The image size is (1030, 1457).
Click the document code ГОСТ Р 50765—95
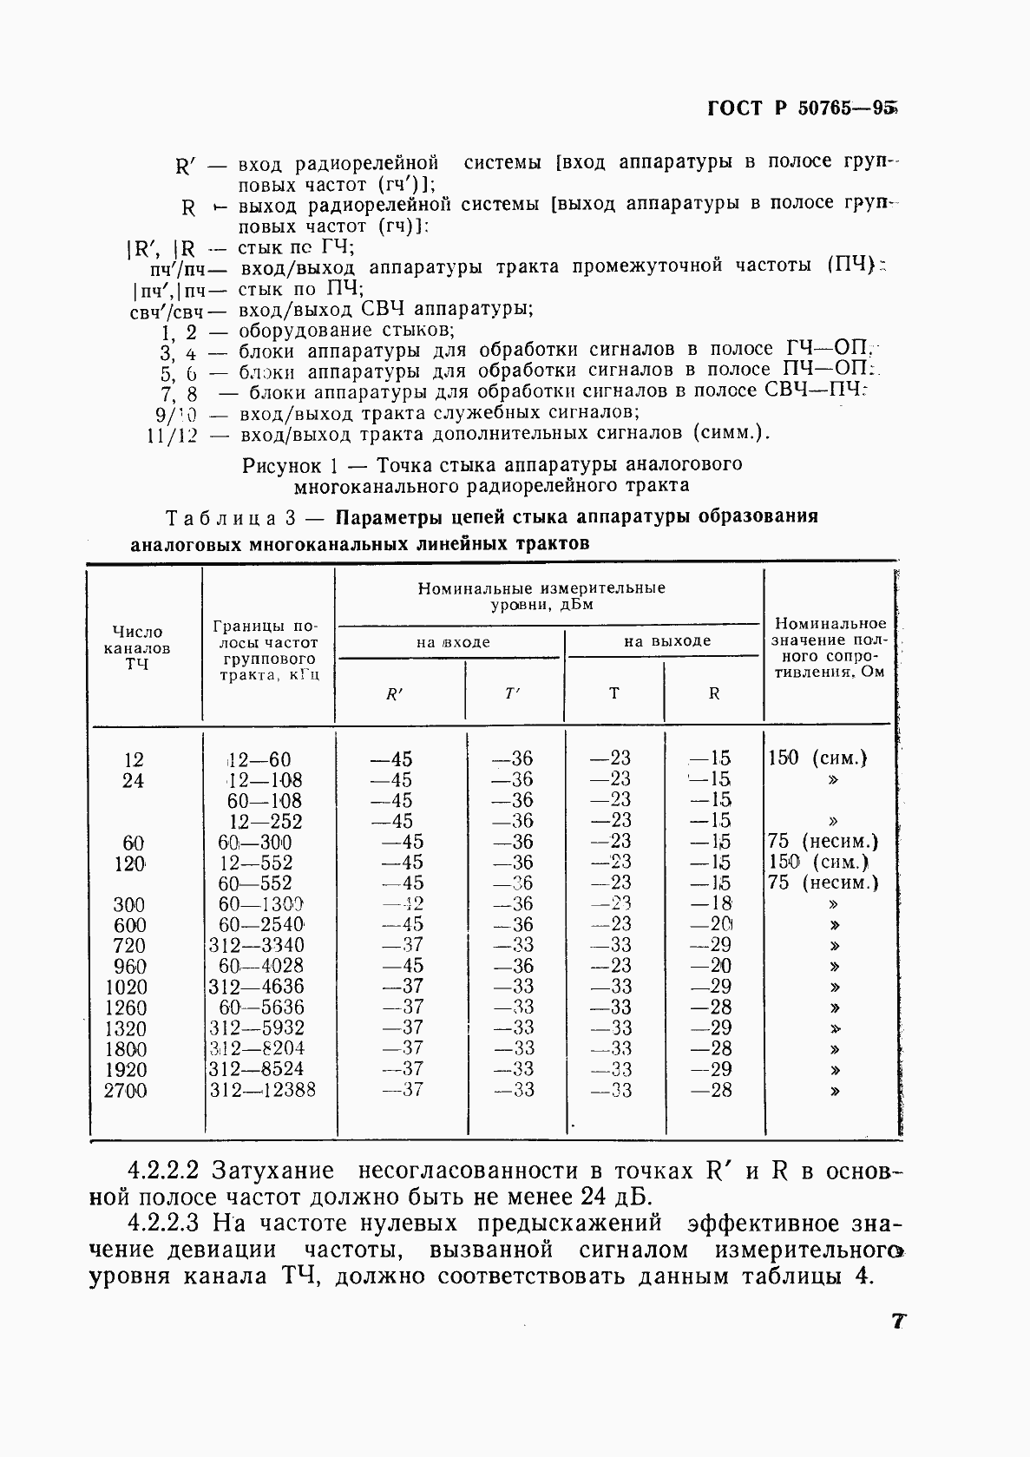click(x=800, y=108)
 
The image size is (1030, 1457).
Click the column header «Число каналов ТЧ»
click(x=137, y=647)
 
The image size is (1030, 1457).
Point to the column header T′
click(x=513, y=693)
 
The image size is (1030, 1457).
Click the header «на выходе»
click(x=666, y=641)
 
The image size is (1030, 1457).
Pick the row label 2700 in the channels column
click(x=125, y=1091)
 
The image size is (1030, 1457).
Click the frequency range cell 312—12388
click(x=262, y=1090)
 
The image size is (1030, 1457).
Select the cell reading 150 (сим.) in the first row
click(x=817, y=758)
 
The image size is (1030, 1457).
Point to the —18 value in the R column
click(x=711, y=903)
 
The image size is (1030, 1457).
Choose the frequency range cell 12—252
click(x=265, y=821)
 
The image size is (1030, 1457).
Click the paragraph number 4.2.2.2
click(x=162, y=1171)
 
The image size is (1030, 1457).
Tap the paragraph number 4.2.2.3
click(x=162, y=1224)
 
